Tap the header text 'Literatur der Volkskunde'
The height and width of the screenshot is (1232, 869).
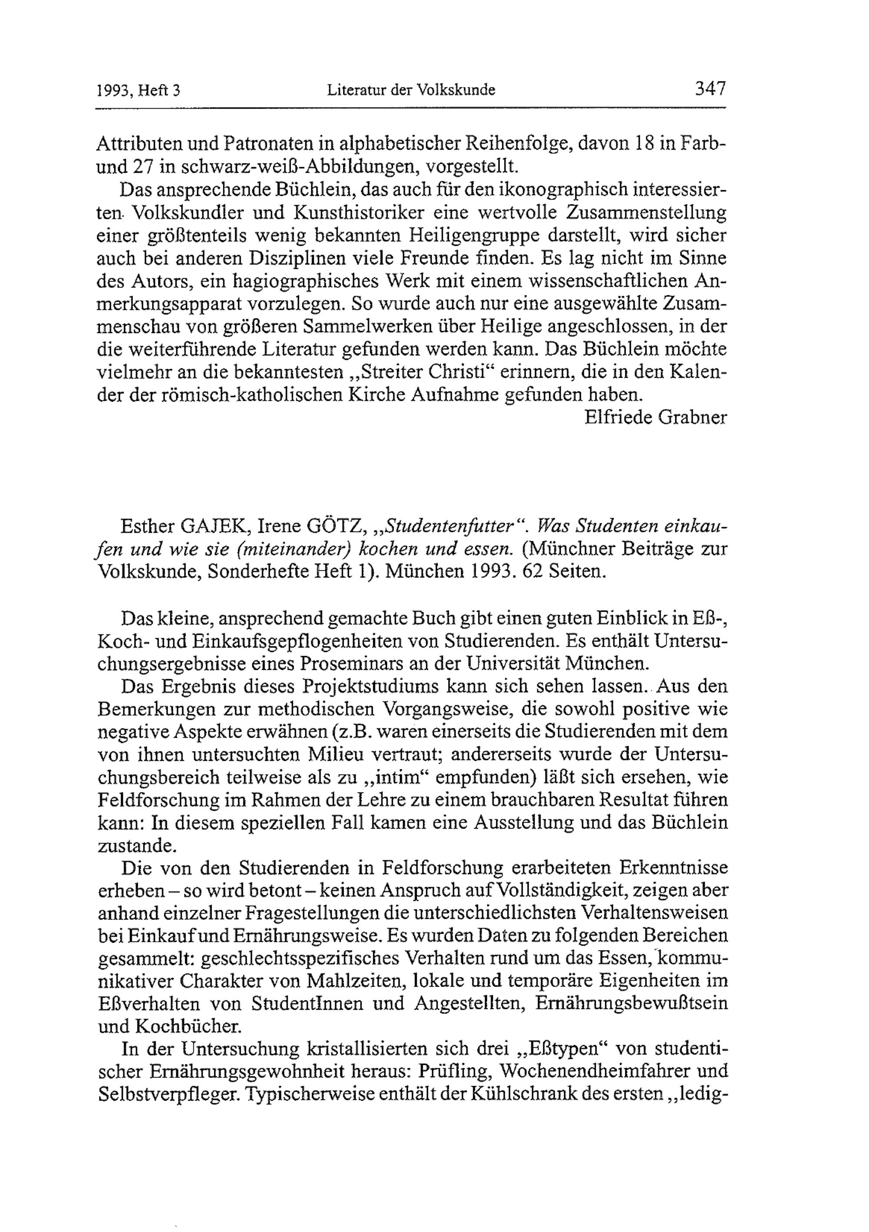click(x=411, y=90)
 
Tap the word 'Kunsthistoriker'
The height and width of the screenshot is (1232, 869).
click(x=359, y=213)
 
